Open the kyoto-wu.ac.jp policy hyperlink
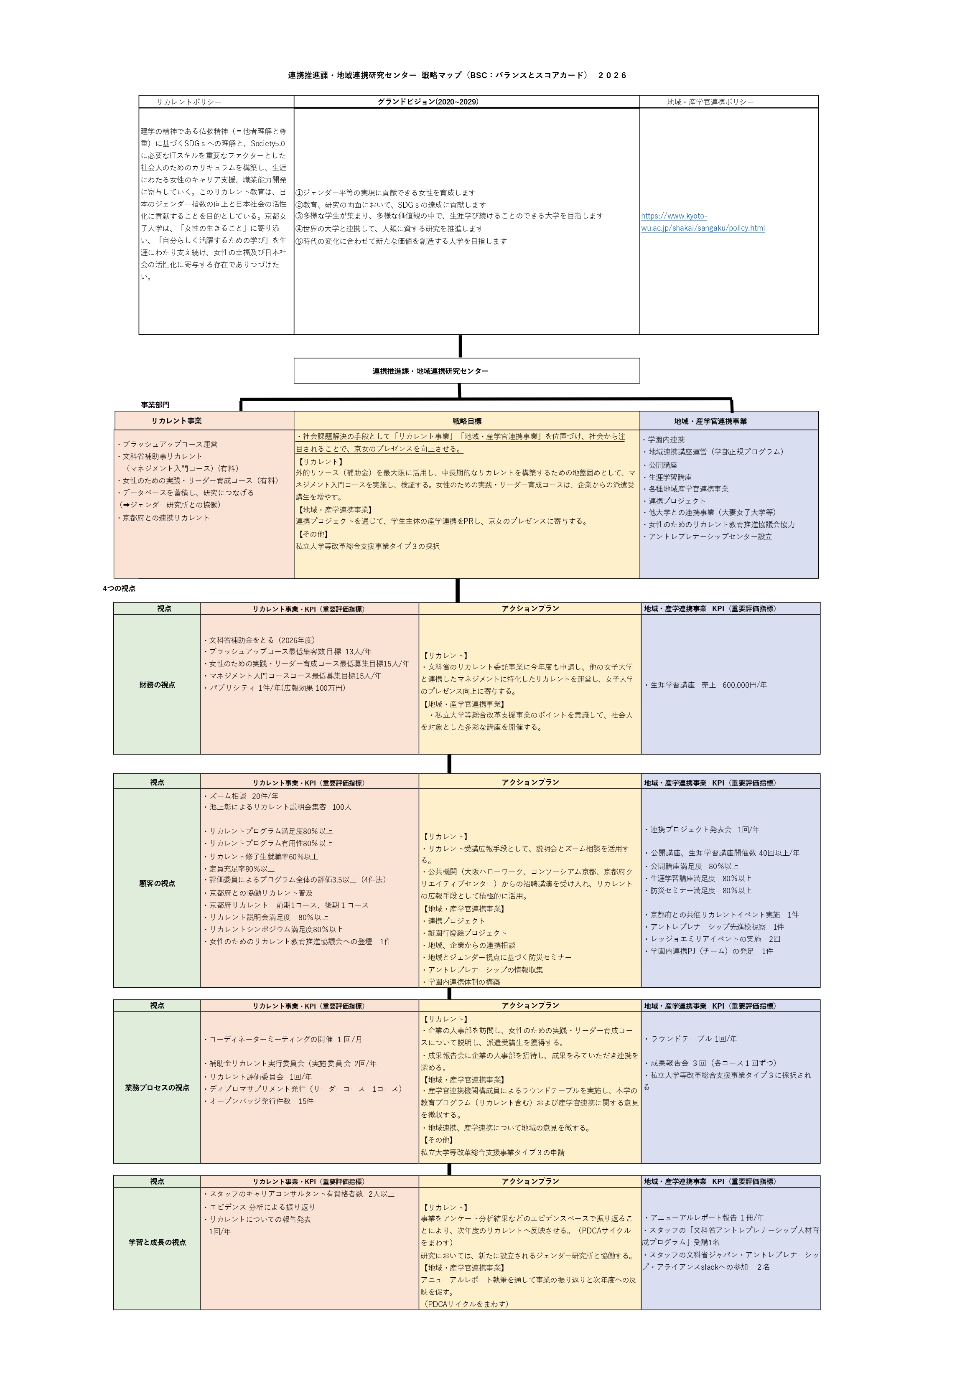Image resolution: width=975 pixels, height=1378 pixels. (x=703, y=222)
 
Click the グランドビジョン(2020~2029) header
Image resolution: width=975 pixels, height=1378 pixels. (x=428, y=102)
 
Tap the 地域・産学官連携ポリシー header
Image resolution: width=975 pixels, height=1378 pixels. (x=710, y=102)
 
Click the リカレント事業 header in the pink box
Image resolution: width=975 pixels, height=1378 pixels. (x=176, y=421)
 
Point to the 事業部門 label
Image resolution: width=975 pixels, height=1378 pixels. (x=155, y=405)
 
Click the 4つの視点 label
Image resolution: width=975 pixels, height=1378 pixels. (x=119, y=588)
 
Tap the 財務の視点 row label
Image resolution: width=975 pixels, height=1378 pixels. (x=157, y=685)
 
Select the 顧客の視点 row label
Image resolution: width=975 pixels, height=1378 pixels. (x=157, y=883)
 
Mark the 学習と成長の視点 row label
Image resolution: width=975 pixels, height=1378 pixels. (x=157, y=1242)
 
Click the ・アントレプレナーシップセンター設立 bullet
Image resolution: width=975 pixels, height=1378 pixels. (x=707, y=536)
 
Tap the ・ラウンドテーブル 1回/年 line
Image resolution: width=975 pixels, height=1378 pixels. (x=690, y=1038)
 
